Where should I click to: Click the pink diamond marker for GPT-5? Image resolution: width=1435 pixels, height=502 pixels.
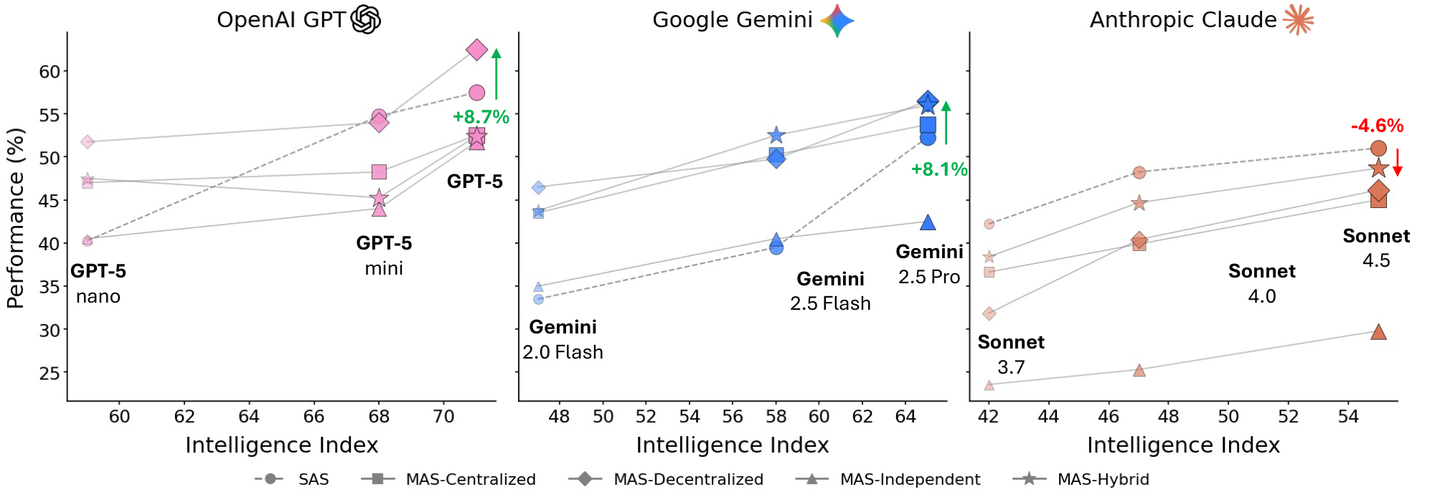[x=476, y=50]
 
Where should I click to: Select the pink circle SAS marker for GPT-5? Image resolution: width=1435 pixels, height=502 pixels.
[x=476, y=93]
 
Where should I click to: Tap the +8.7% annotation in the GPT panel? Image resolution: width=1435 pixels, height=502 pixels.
[x=481, y=117]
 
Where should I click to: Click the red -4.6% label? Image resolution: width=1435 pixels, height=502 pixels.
[x=1377, y=126]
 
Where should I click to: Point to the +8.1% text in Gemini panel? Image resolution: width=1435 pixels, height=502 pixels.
[x=938, y=170]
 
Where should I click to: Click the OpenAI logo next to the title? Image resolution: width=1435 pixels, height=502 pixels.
[x=365, y=19]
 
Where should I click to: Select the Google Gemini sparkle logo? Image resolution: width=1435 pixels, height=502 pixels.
[x=837, y=20]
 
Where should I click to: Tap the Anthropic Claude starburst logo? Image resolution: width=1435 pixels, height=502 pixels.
[x=1299, y=20]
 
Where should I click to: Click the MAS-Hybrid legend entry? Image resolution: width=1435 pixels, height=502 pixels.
[x=1082, y=479]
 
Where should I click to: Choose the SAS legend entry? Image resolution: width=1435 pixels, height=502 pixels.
[x=293, y=479]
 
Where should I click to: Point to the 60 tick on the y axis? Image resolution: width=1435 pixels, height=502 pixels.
[x=50, y=72]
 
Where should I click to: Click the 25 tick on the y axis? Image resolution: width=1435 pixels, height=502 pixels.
[x=50, y=374]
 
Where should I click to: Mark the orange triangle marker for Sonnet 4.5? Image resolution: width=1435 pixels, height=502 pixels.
[x=1378, y=332]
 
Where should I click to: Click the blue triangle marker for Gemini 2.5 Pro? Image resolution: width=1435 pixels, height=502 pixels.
[x=928, y=223]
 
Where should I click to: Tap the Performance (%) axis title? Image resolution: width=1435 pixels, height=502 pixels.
[x=16, y=218]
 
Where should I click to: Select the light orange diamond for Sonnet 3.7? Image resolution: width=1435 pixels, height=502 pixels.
[x=989, y=313]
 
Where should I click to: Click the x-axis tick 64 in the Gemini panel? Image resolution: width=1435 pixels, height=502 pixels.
[x=905, y=417]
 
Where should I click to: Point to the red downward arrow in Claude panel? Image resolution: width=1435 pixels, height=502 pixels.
[x=1398, y=162]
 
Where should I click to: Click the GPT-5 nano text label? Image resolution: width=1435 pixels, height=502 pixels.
[x=98, y=283]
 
